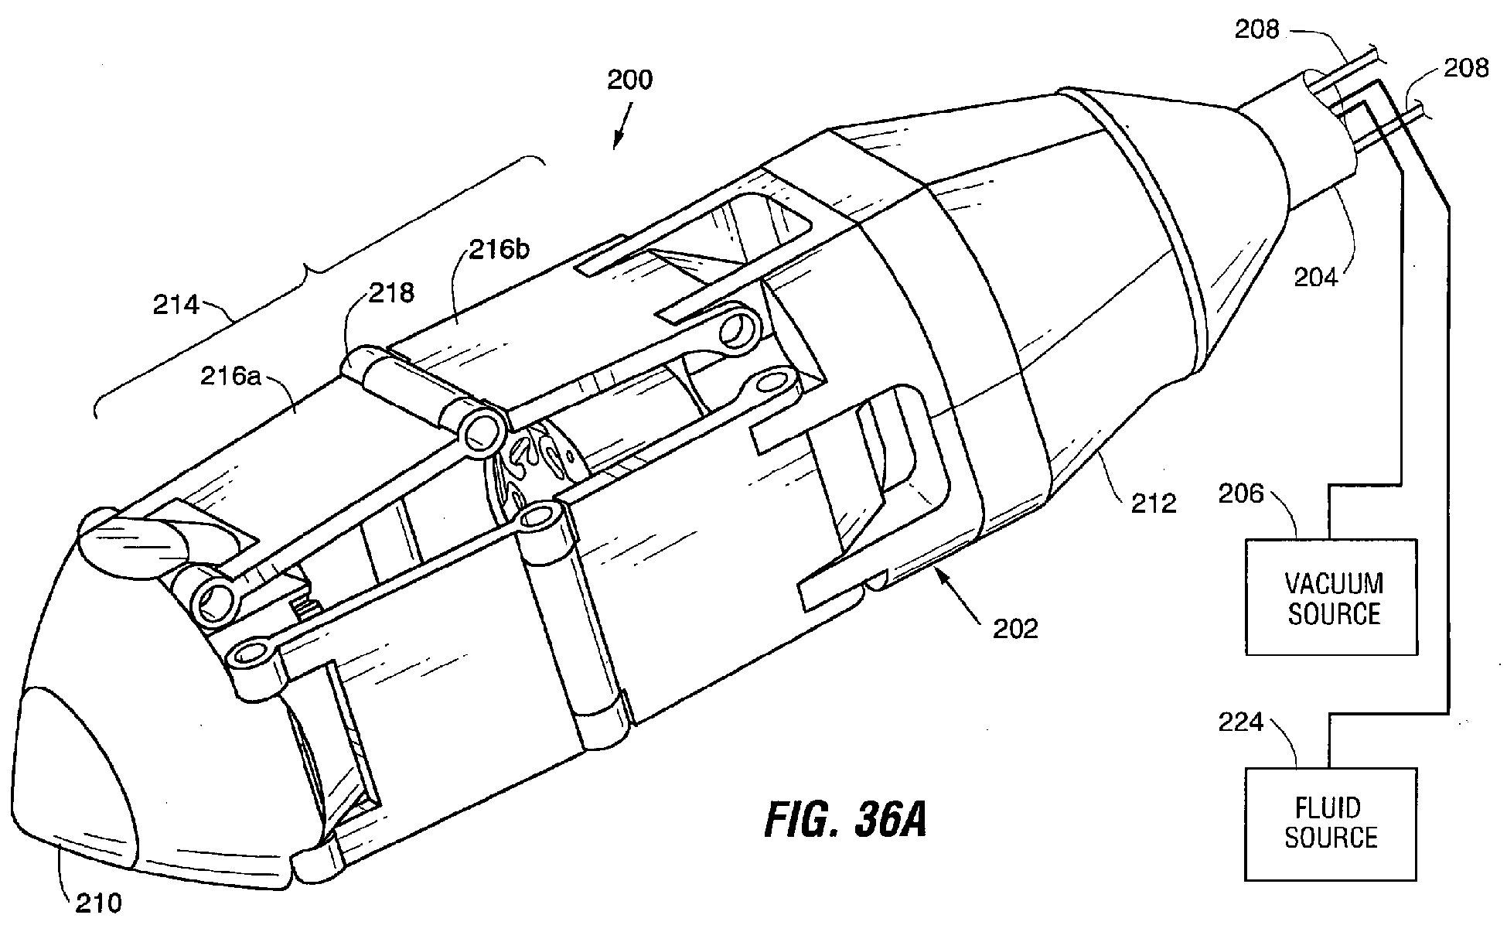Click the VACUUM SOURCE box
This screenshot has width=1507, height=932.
[x=1331, y=596]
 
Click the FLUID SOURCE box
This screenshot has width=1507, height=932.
[x=1330, y=824]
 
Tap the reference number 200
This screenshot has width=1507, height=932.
[x=629, y=80]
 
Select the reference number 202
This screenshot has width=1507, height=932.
[x=1015, y=629]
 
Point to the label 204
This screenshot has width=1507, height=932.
[x=1316, y=276]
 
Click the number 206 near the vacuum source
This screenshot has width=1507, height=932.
[x=1241, y=493]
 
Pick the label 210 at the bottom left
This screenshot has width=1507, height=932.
[x=98, y=903]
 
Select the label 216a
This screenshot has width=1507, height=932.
[x=229, y=377]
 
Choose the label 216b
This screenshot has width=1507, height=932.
[x=499, y=251]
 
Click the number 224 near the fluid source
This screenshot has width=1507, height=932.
[x=1241, y=722]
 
